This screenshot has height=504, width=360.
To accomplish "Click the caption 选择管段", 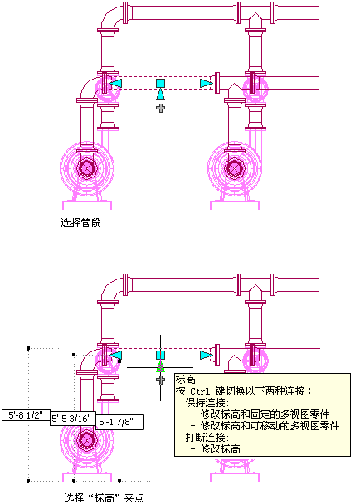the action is [80, 222].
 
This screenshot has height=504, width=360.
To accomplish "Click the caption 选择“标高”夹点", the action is [104, 497].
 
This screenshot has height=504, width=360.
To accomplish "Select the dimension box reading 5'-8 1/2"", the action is [26, 415].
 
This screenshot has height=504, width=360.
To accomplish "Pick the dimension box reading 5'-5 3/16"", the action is [73, 419].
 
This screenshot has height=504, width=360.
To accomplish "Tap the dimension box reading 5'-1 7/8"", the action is [119, 422].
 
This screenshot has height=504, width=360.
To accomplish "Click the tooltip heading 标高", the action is [185, 380].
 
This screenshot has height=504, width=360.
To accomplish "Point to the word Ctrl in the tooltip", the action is [200, 391].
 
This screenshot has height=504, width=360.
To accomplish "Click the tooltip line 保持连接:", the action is [207, 403].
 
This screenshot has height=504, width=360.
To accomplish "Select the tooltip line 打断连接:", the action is [207, 438].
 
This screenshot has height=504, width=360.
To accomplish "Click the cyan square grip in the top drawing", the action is [161, 83].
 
